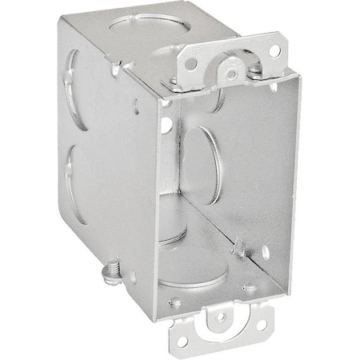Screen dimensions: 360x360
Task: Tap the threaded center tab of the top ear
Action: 230,74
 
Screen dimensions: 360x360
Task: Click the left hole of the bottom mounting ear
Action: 185,340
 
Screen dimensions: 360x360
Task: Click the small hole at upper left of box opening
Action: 166,125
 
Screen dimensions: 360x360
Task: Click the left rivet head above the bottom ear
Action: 175,303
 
